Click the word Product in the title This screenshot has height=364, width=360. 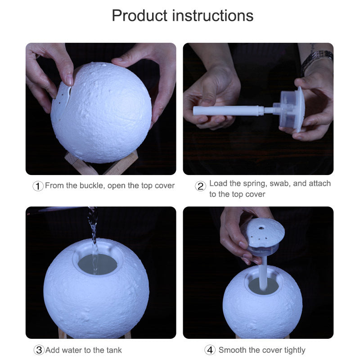tap(139, 16)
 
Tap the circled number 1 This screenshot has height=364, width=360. tap(39, 186)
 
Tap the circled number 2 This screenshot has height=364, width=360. tap(201, 186)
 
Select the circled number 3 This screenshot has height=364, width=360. tap(39, 350)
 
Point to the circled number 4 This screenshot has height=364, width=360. tap(210, 350)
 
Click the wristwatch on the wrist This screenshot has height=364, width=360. tap(317, 59)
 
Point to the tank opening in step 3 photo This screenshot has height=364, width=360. tap(97, 263)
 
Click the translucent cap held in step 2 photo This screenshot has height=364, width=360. tap(292, 108)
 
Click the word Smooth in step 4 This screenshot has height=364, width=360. tap(233, 350)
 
